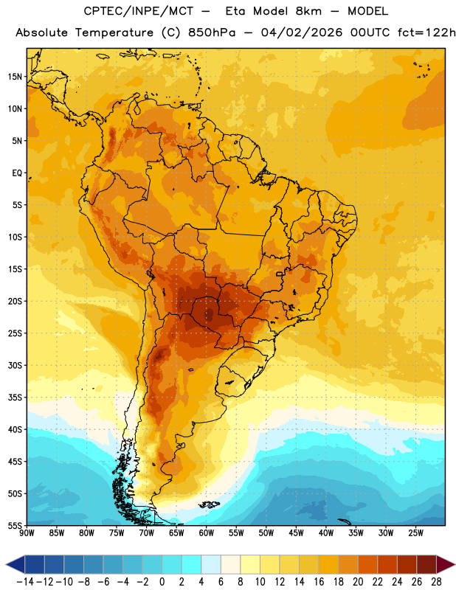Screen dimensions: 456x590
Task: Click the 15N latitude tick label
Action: pos(15,77)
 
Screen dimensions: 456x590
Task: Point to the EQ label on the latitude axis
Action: pos(17,173)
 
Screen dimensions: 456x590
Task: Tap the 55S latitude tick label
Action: pos(15,526)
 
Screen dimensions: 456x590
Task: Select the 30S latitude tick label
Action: pos(15,365)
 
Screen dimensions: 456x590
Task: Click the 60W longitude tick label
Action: pos(207,533)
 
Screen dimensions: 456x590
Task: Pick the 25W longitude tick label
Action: pos(415,533)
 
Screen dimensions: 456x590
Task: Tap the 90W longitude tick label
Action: pos(27,533)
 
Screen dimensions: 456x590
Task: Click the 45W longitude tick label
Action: pos(296,533)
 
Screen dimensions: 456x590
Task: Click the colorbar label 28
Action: pos(436,582)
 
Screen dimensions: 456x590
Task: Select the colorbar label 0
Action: pos(162,582)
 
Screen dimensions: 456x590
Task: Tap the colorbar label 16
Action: pos(319,582)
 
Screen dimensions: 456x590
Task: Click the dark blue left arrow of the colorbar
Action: pos(15,564)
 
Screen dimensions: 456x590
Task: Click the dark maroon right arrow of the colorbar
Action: pos(446,564)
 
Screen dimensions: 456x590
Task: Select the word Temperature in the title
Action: pos(114,32)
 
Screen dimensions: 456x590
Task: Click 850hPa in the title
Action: pos(212,32)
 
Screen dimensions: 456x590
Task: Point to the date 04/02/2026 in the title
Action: pos(302,32)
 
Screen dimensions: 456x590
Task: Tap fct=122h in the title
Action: pos(426,32)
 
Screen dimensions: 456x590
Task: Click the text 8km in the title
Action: pos(308,11)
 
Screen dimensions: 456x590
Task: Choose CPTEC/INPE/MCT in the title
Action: pos(138,11)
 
